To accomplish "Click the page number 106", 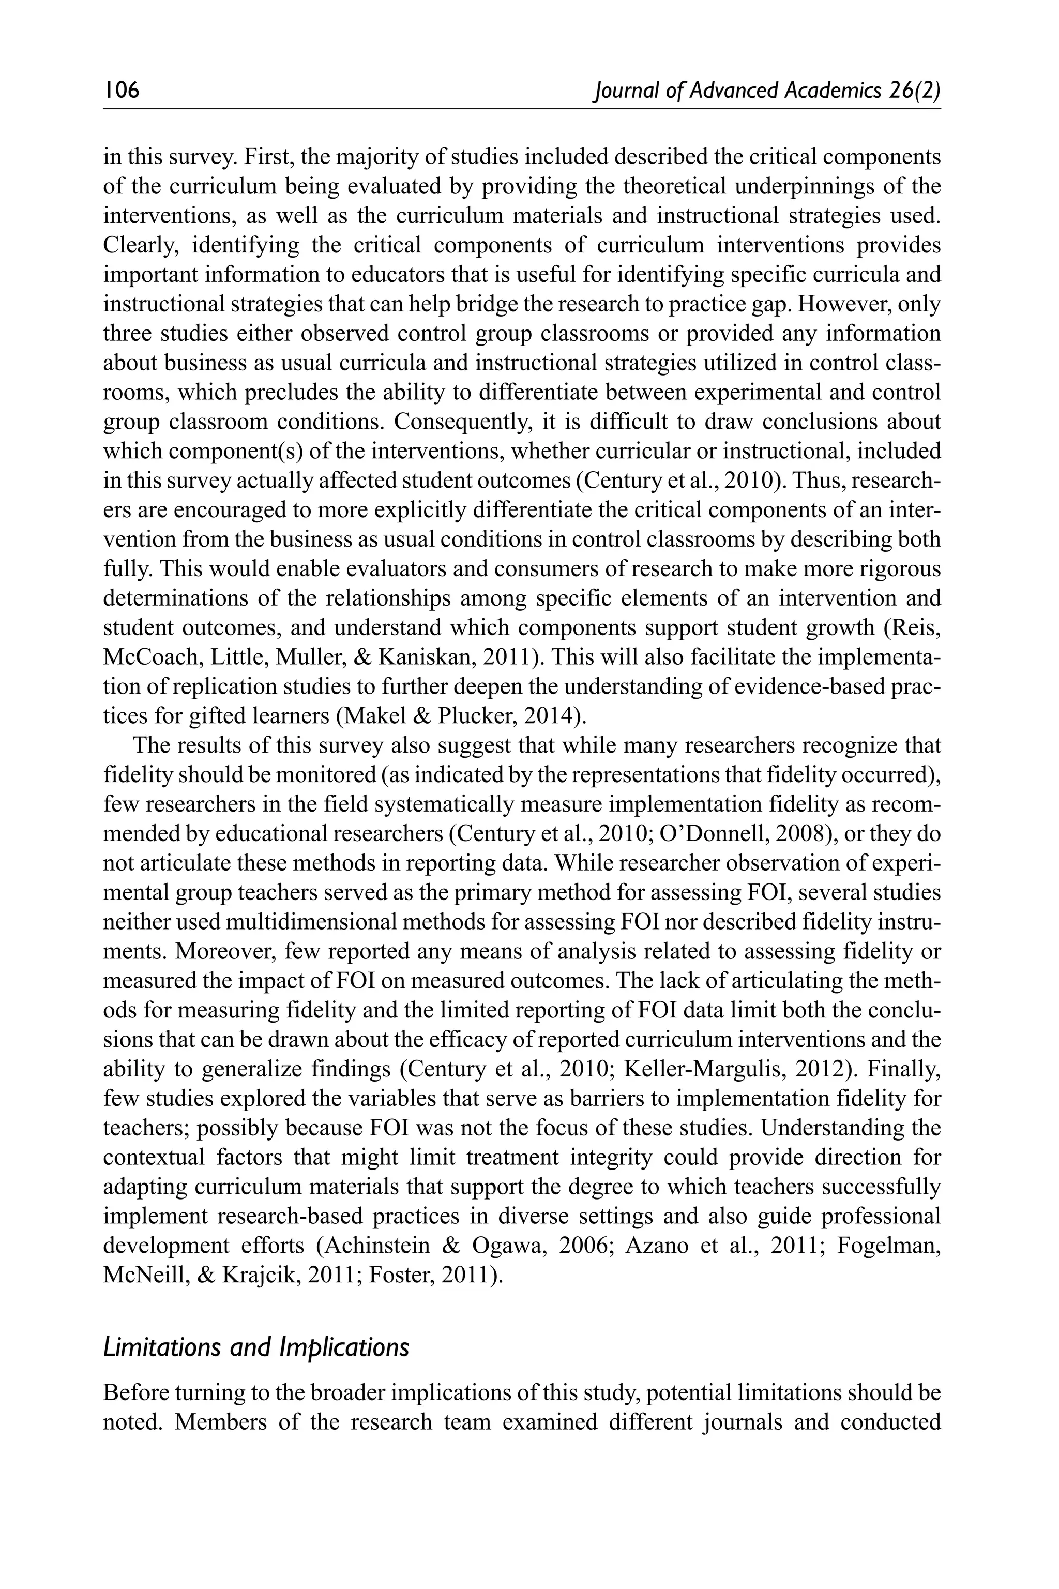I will point(122,90).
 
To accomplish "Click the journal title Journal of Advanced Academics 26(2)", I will point(766,90).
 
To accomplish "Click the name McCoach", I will point(146,657).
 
